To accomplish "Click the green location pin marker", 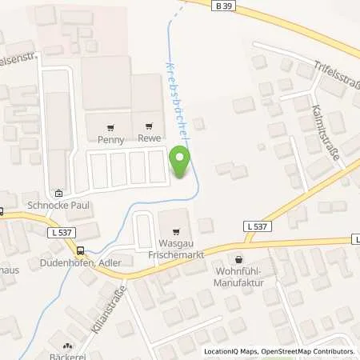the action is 182,158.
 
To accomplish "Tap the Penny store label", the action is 110,138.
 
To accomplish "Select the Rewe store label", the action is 149,138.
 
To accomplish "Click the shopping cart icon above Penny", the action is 110,126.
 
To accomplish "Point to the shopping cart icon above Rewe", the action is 149,126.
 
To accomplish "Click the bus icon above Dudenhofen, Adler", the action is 78,250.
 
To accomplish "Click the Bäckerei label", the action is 67,357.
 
